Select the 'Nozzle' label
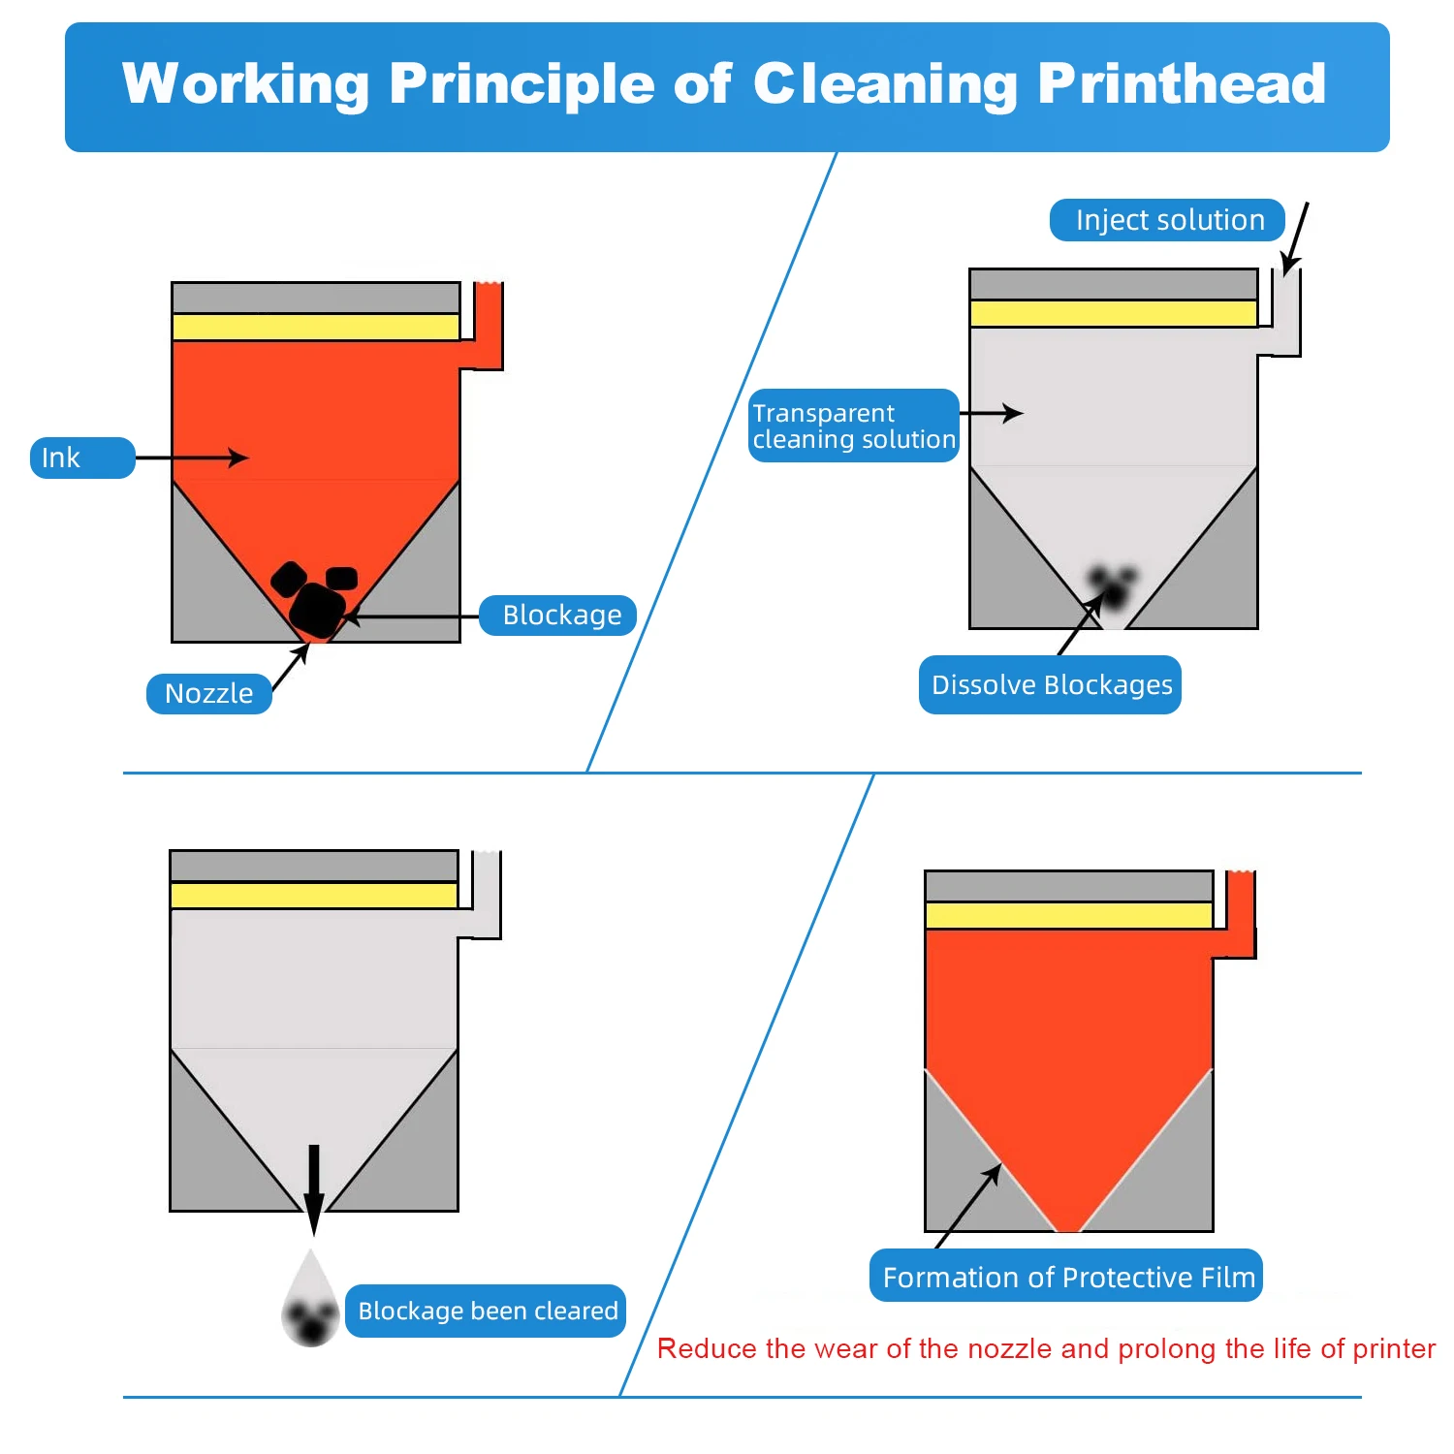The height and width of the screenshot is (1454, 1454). pos(208,694)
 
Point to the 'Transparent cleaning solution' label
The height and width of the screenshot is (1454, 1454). pos(853,426)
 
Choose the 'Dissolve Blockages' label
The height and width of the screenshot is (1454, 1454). pos(1050,685)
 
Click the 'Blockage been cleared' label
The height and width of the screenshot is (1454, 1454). pos(487,1311)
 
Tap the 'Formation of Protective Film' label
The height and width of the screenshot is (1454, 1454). pos(1066,1277)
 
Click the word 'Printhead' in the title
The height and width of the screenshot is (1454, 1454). pos(1182,83)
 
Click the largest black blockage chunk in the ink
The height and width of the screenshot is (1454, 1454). pos(317,609)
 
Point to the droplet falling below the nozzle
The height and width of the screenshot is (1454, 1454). pos(310,1304)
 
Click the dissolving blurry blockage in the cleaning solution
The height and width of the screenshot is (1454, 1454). pos(1112,585)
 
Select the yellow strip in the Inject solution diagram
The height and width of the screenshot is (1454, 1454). pos(1113,313)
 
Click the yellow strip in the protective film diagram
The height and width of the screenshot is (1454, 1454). pos(1068,915)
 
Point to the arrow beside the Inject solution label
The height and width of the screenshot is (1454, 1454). pos(1295,238)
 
